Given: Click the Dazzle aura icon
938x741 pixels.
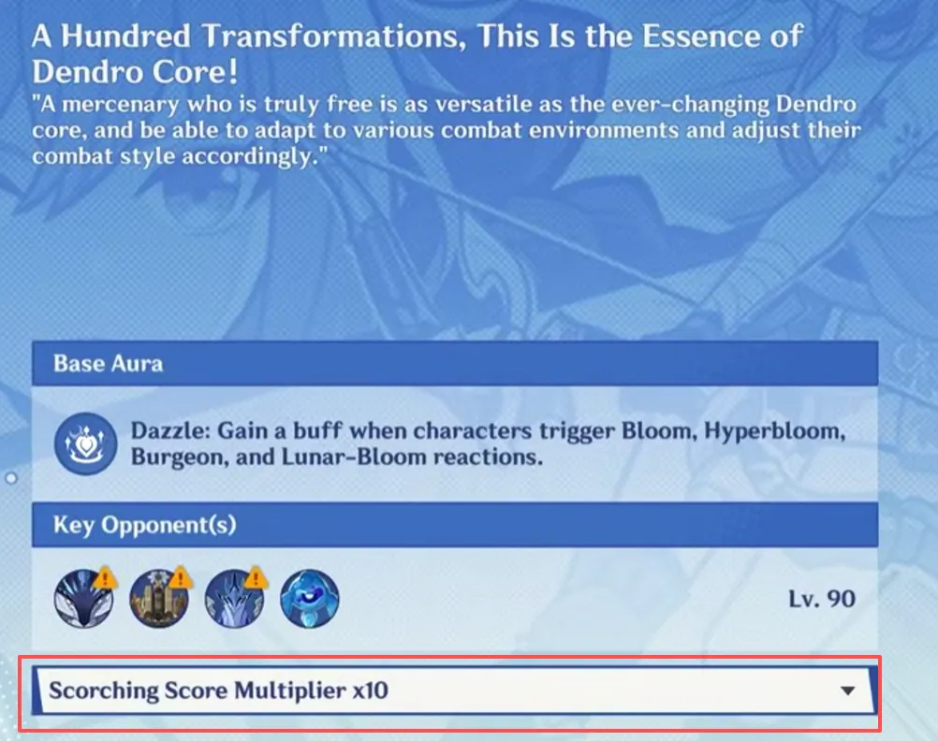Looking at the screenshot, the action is [x=85, y=443].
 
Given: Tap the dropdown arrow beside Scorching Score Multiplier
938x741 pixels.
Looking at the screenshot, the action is [x=847, y=690].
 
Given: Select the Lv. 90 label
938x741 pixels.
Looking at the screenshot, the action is [x=822, y=599].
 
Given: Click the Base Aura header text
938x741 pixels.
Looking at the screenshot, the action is [x=109, y=364].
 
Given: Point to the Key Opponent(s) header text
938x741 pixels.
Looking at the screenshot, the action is [x=145, y=525].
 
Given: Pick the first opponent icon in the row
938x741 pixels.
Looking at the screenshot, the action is [x=83, y=598].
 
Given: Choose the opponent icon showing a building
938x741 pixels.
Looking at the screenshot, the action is [x=159, y=598].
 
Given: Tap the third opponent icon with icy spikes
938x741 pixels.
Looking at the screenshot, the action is [x=234, y=598].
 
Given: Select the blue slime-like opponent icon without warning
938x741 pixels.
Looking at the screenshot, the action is [x=309, y=598].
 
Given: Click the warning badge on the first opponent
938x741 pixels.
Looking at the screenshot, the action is [x=106, y=577].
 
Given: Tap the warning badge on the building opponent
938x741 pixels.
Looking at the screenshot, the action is [x=181, y=577].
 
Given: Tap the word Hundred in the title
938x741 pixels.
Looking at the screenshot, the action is [x=126, y=36].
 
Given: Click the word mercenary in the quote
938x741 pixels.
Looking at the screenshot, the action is [x=120, y=106].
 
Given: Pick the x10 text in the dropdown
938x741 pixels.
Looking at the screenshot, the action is [x=371, y=690].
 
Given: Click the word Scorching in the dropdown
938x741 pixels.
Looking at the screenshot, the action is [x=103, y=690].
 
